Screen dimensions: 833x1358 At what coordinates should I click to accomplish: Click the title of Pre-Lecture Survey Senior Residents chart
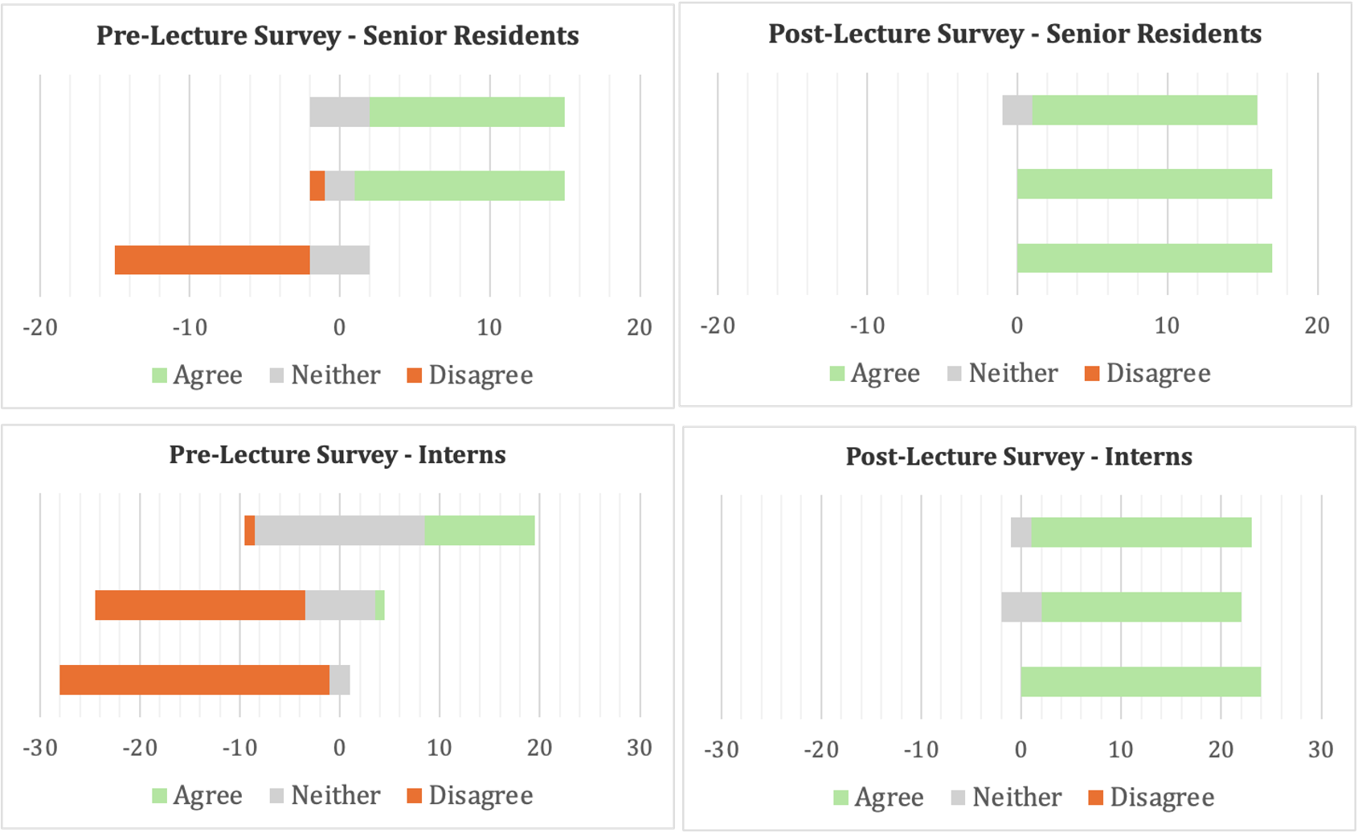337,36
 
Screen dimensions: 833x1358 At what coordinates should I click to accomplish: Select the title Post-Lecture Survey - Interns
1018,457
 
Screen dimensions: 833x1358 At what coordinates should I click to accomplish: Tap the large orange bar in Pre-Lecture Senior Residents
212,260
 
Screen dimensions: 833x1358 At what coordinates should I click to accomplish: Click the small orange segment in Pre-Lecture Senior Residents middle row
317,186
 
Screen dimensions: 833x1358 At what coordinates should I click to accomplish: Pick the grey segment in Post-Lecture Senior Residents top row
1016,110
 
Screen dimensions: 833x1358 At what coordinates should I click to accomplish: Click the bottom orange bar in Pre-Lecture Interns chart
194,680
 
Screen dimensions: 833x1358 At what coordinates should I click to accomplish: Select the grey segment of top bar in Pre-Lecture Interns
339,531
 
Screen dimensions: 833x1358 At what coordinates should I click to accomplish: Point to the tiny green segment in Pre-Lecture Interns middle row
380,605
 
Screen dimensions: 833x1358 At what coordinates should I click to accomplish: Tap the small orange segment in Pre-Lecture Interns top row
250,531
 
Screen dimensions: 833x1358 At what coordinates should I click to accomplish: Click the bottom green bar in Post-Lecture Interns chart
1140,682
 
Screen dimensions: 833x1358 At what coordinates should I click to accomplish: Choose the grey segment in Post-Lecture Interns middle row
1021,607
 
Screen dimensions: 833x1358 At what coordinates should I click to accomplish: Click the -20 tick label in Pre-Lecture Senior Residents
40,328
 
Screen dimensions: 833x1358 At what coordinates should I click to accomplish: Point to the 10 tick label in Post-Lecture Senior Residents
1167,326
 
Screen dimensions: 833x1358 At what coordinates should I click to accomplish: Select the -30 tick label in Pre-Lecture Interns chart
40,749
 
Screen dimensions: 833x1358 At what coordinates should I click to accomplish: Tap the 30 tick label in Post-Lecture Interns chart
1320,750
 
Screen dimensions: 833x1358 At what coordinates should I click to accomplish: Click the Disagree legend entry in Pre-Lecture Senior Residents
470,375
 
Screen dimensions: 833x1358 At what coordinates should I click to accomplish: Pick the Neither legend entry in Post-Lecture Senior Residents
1003,374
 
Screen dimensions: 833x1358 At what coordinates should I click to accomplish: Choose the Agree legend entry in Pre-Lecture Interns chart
197,796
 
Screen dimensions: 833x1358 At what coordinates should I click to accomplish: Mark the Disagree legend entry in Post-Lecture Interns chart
1151,798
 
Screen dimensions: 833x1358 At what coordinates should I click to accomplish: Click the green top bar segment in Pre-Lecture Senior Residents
466,112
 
